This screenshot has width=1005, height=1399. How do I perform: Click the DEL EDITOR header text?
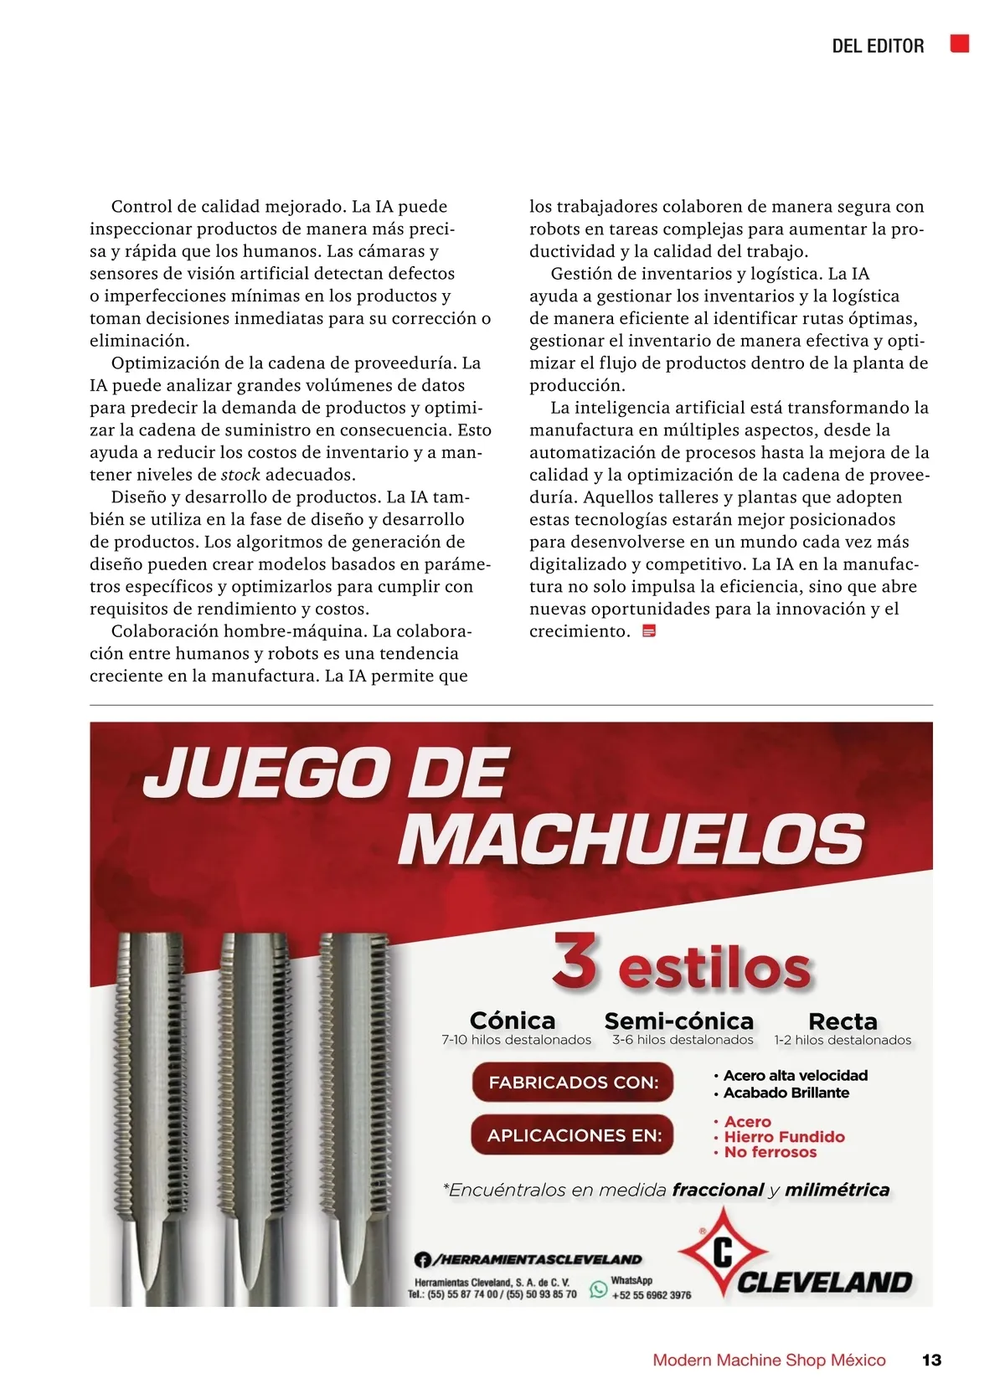coord(877,46)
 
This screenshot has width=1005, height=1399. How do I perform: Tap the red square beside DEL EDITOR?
coord(960,44)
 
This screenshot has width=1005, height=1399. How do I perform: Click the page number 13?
coord(931,1360)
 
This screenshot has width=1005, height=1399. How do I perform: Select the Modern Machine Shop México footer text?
coord(769,1360)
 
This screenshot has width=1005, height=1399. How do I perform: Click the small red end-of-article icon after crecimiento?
coord(648,631)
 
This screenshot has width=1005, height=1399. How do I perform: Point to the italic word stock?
coord(240,475)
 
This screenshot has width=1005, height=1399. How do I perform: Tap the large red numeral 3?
coord(575,962)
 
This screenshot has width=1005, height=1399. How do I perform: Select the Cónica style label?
coord(513,1021)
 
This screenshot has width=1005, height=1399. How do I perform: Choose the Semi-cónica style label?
coord(678,1021)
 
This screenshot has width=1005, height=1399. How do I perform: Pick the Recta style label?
coord(843,1021)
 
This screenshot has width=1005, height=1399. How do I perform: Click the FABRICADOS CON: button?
coord(574,1083)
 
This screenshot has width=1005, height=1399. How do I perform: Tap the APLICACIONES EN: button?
coord(574,1135)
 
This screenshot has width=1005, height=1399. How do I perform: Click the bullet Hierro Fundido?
coord(784,1137)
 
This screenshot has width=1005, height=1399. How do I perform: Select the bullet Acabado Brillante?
coord(786,1093)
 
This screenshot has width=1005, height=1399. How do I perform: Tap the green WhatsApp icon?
coord(598,1289)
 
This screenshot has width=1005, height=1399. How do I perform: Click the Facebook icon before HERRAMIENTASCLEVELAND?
coord(423,1259)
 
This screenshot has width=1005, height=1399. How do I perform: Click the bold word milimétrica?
coord(837,1190)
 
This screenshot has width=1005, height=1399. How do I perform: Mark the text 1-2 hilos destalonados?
coord(843,1040)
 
